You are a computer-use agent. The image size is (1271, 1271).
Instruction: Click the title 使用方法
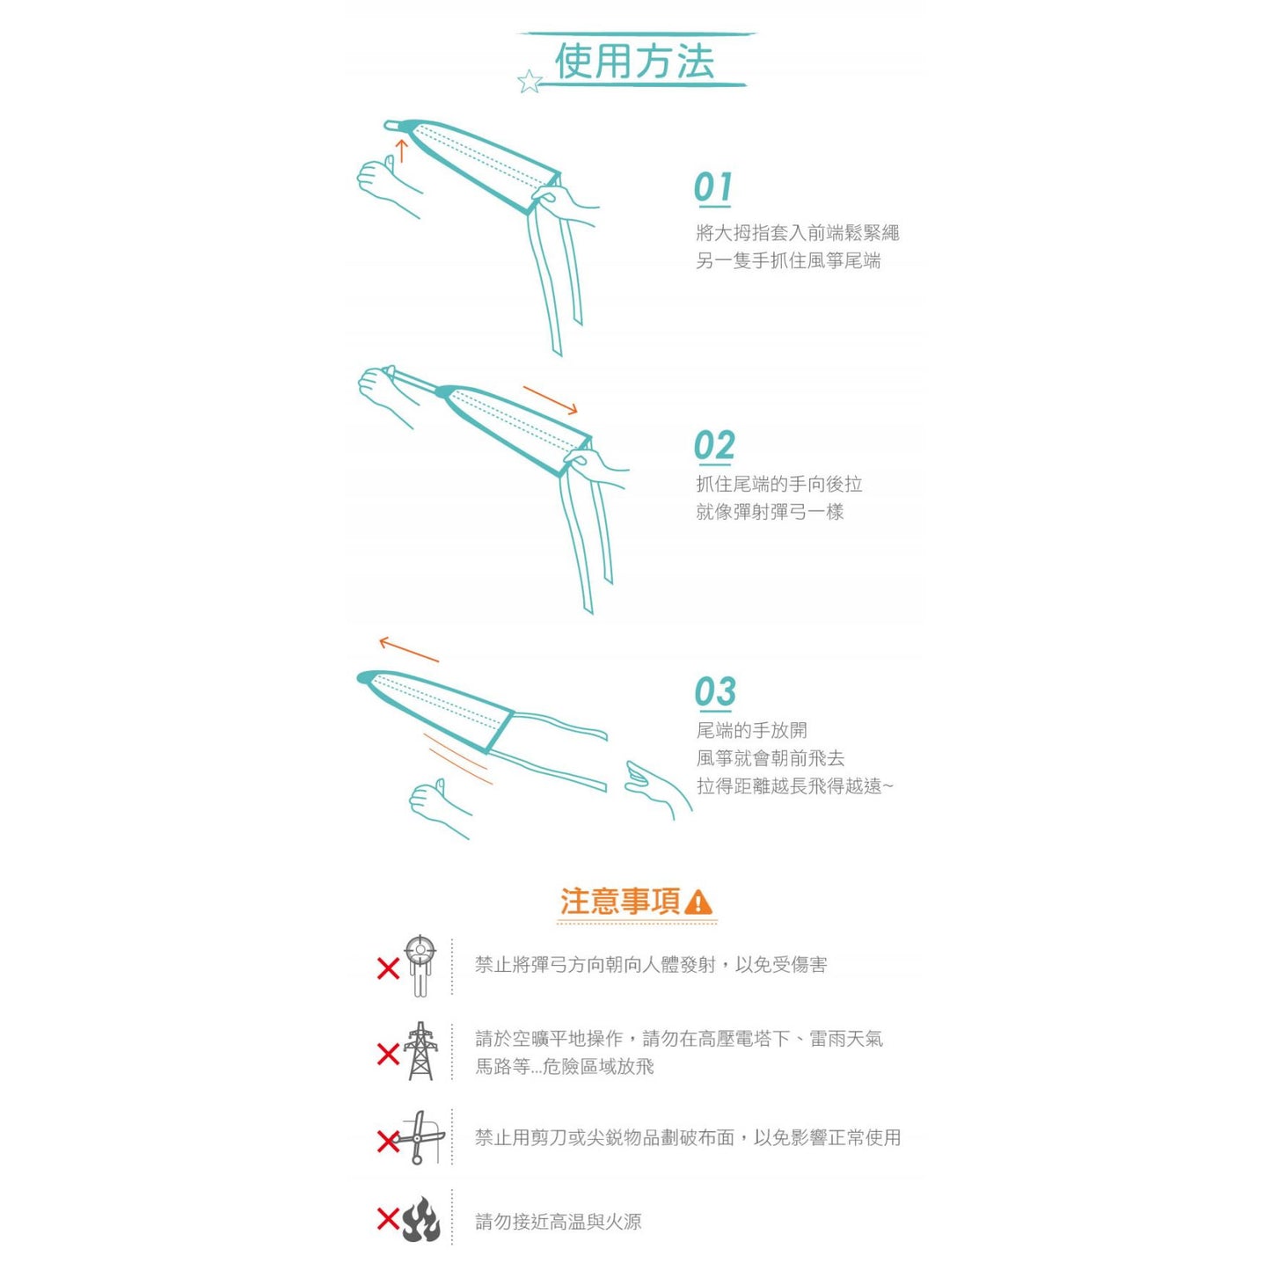[x=633, y=62]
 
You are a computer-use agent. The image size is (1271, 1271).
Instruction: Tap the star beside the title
[x=530, y=82]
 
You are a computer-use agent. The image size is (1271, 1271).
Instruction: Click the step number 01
[x=712, y=187]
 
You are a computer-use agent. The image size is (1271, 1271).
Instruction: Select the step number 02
[x=714, y=446]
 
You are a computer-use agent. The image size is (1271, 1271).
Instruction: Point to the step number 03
[x=715, y=692]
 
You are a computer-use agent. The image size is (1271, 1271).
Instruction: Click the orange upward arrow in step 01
[x=402, y=150]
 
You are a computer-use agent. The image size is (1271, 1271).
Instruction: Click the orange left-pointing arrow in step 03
[x=408, y=649]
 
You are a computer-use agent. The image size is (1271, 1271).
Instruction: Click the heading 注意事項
[x=620, y=902]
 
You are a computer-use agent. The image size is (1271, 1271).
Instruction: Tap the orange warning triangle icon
[x=698, y=902]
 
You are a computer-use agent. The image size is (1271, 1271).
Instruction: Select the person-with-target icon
[x=420, y=965]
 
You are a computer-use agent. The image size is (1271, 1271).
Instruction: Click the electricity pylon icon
[x=420, y=1051]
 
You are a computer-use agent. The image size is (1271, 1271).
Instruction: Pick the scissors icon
[x=420, y=1137]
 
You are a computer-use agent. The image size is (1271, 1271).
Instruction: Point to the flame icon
[x=421, y=1219]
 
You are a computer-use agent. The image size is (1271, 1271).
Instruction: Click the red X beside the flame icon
[x=388, y=1219]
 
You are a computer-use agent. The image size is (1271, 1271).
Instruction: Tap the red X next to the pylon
[x=388, y=1053]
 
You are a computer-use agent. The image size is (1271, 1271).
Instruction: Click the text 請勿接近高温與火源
[x=558, y=1222]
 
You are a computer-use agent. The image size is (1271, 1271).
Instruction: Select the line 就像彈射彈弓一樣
[x=770, y=512]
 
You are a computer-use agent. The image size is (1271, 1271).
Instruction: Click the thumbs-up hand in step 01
[x=383, y=180]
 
